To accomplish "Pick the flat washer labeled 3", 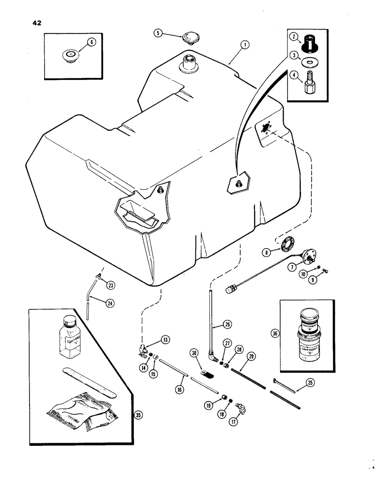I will click(307, 64).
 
